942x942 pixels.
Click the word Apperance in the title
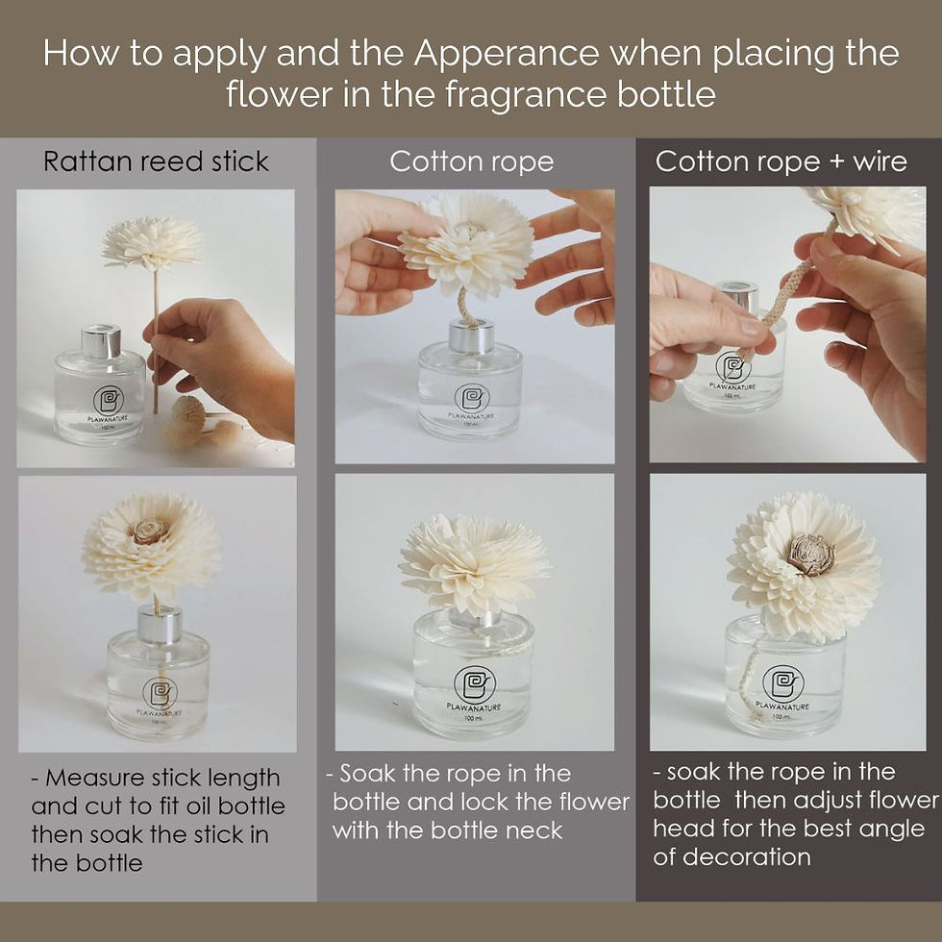(506, 54)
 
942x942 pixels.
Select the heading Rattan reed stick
(156, 161)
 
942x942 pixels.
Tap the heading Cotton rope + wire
(781, 161)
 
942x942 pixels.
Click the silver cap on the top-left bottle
(100, 342)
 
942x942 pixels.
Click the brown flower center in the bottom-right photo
(811, 554)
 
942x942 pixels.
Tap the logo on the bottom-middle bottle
(473, 683)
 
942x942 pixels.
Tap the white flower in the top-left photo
(152, 243)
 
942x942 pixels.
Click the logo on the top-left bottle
(108, 400)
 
